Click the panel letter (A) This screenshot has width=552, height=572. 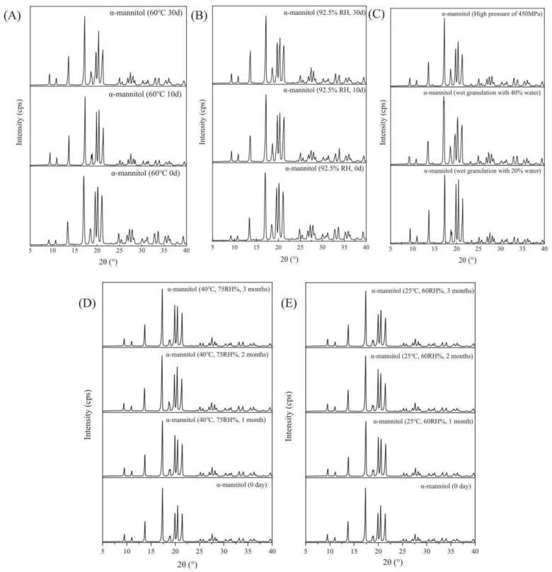point(12,16)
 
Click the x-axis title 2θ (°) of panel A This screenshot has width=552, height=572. point(108,262)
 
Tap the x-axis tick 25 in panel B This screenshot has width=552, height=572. point(300,250)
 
